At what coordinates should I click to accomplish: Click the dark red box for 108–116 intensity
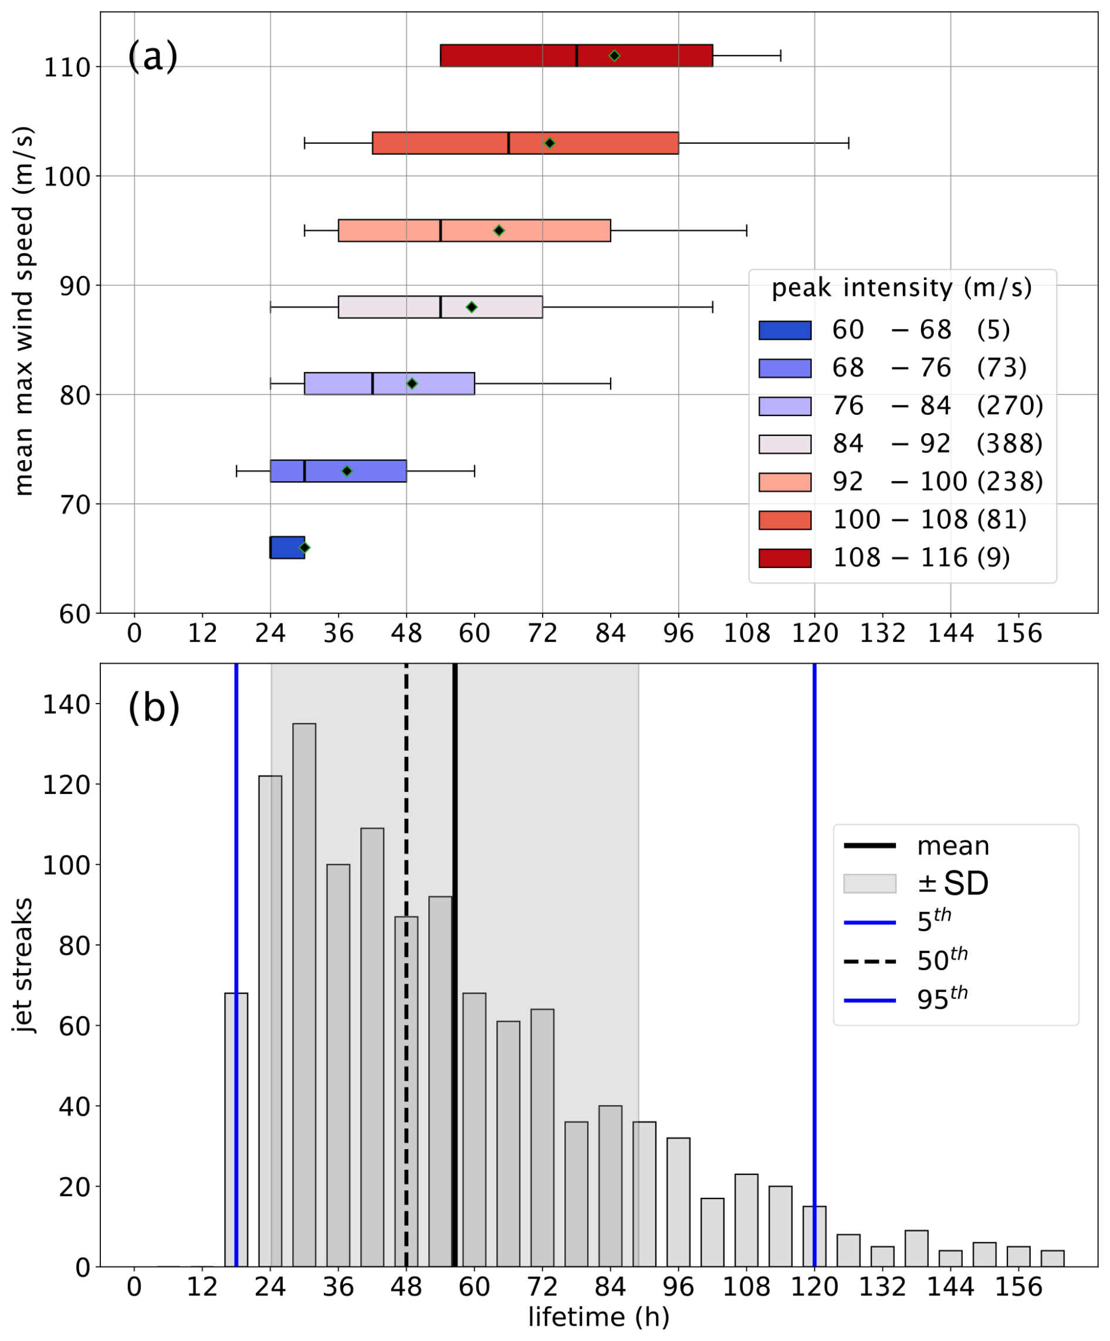pyautogui.click(x=510, y=56)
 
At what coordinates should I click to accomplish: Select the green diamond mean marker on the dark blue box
pyautogui.click(x=304, y=547)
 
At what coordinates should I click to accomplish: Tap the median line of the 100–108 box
pyautogui.click(x=509, y=143)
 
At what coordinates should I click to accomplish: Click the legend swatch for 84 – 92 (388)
pyautogui.click(x=784, y=444)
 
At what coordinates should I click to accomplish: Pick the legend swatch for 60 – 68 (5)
pyautogui.click(x=784, y=330)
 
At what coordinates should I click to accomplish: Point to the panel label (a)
pyautogui.click(x=153, y=56)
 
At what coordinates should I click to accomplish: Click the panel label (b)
pyautogui.click(x=153, y=708)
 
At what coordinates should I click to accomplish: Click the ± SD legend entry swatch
pyautogui.click(x=869, y=884)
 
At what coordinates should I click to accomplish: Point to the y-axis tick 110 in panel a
pyautogui.click(x=66, y=67)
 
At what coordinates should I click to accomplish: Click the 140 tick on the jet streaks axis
pyautogui.click(x=66, y=704)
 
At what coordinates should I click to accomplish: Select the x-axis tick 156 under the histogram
pyautogui.click(x=1018, y=1287)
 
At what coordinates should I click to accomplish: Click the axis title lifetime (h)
pyautogui.click(x=598, y=1317)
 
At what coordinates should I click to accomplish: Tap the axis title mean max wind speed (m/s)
pyautogui.click(x=23, y=312)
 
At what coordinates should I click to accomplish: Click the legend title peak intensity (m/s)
pyautogui.click(x=901, y=288)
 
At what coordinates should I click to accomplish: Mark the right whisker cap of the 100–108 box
pyautogui.click(x=848, y=143)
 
